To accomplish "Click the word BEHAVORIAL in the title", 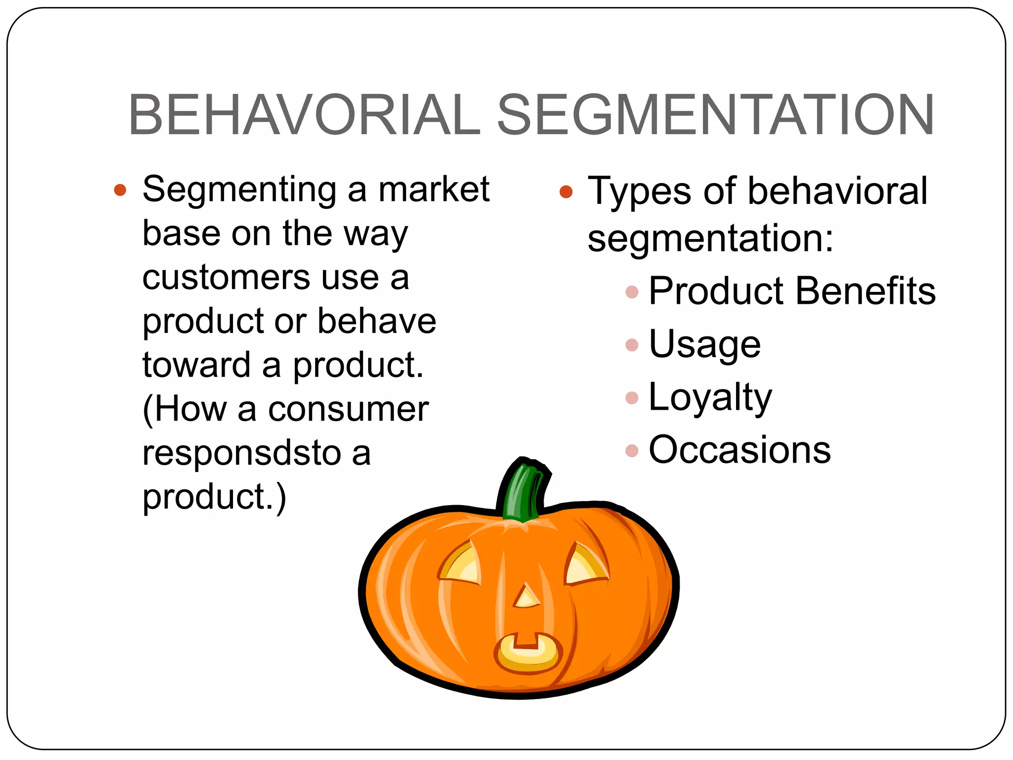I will coord(304,115).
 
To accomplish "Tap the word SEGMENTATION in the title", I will coord(715,115).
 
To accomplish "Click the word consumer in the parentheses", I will coord(348,410).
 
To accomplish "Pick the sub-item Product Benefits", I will coord(792,291).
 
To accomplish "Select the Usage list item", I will coord(704,344).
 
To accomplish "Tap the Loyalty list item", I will coord(710,397).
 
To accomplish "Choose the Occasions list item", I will coord(739,450).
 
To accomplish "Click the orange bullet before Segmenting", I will coord(120,190).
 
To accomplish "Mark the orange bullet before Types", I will coord(566,192).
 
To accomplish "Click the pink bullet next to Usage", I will coord(632,344).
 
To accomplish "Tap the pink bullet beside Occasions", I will coord(632,450).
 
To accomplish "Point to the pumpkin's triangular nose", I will coord(526,597).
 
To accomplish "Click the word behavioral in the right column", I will coord(837,191).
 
